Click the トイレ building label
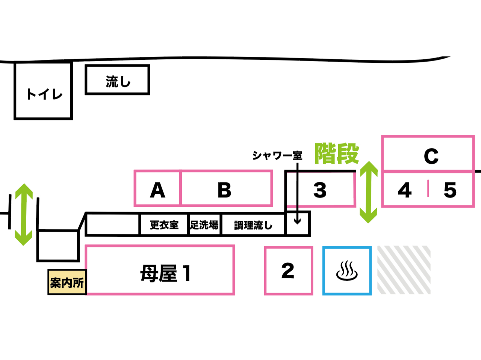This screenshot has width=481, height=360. tap(44, 94)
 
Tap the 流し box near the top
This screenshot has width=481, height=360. tap(118, 80)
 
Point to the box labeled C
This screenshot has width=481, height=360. tap(431, 156)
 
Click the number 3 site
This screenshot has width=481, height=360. tap(320, 190)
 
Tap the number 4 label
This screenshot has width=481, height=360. tap(405, 190)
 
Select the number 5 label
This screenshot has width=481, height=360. tap(450, 190)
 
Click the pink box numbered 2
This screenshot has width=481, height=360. tap(289, 270)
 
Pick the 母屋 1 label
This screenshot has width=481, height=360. tap(165, 273)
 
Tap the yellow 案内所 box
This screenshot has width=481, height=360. tap(67, 282)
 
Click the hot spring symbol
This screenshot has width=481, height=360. tap(347, 270)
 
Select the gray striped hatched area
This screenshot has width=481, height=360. tap(404, 270)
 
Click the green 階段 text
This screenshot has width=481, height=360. tap(337, 154)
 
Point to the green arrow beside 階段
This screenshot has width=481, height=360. tap(369, 192)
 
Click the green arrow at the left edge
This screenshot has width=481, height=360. tap(24, 214)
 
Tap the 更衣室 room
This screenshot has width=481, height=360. tap(164, 225)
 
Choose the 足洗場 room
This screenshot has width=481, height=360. tap(204, 225)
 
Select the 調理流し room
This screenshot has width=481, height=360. tap(253, 225)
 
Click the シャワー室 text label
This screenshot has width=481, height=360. tap(277, 155)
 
